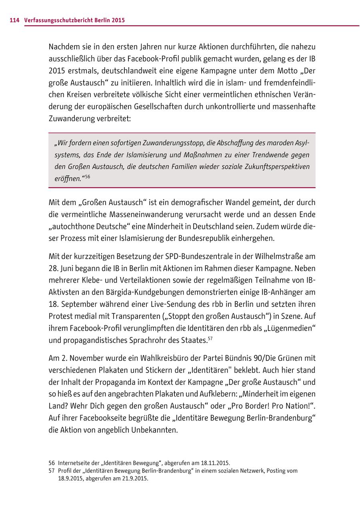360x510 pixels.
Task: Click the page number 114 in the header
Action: tap(14, 20)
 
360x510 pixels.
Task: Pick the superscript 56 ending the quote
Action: tap(87, 176)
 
